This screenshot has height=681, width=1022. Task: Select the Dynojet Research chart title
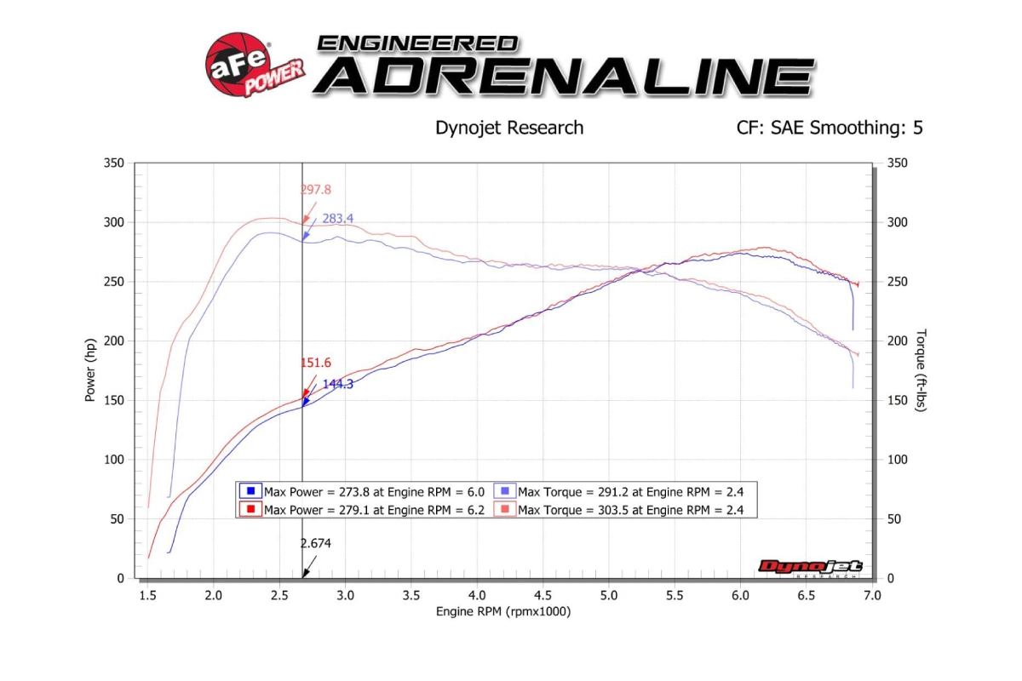point(509,128)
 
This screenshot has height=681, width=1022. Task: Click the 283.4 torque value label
point(337,219)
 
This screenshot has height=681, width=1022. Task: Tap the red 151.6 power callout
point(315,363)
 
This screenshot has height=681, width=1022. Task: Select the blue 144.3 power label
point(337,384)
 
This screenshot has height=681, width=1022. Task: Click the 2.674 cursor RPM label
point(315,543)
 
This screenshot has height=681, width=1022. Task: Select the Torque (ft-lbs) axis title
point(922,370)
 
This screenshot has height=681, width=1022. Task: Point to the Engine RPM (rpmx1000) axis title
point(502,611)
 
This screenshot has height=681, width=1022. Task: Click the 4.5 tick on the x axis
point(543,595)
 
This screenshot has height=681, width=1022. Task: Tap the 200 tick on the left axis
point(113,341)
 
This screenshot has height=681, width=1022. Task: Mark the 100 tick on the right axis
point(897,460)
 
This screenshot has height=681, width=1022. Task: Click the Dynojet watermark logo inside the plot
point(810,568)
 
